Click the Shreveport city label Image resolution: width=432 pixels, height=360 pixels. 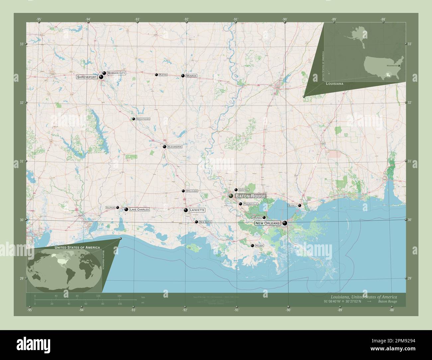[x=87, y=77]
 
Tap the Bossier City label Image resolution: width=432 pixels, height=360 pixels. [x=116, y=73]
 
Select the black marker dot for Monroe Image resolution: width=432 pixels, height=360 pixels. [x=183, y=76]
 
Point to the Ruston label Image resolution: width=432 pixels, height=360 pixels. [x=163, y=75]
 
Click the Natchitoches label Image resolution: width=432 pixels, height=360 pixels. [x=143, y=119]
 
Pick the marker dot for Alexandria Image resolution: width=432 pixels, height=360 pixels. [x=164, y=146]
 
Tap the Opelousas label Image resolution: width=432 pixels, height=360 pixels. [x=192, y=191]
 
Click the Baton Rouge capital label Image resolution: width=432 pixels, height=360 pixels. [x=250, y=196]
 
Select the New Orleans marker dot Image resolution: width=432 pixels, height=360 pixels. [x=285, y=223]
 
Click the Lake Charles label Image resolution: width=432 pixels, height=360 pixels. [x=139, y=210]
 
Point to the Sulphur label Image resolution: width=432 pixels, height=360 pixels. [x=110, y=208]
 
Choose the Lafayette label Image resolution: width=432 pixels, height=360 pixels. [x=197, y=210]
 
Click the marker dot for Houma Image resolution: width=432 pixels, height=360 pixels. [x=253, y=245]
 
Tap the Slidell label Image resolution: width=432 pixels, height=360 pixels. [x=292, y=206]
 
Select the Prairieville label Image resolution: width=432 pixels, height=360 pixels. [x=251, y=204]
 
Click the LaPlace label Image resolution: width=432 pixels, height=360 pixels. [x=256, y=218]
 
